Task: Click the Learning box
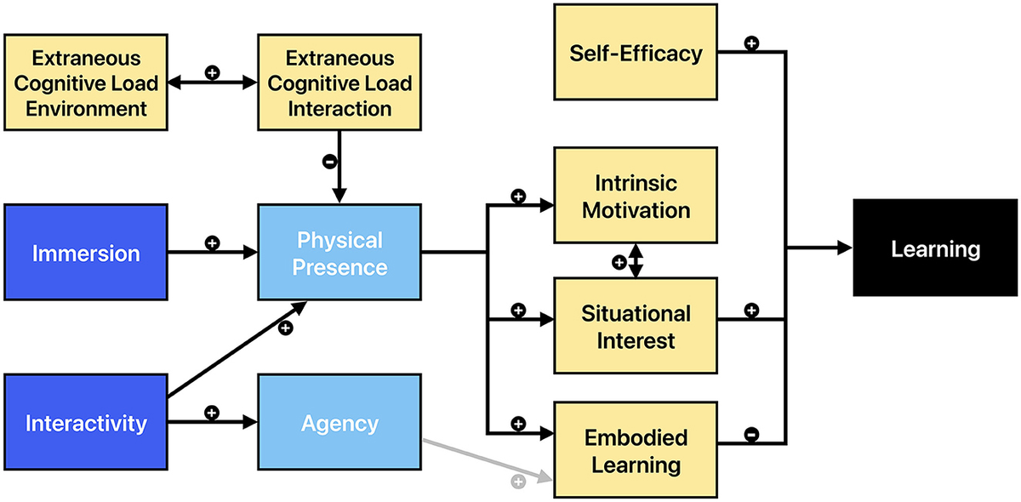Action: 935,249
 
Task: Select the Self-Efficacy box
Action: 636,53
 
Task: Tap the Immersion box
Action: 85,252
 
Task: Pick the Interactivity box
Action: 85,423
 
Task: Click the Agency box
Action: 339,423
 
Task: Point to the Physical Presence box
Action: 339,252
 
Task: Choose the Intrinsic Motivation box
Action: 636,196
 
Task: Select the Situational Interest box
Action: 636,326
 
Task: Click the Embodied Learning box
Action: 636,451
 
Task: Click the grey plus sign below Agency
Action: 518,482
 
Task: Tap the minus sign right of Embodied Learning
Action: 751,435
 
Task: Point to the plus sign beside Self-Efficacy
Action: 751,43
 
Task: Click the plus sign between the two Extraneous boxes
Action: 213,73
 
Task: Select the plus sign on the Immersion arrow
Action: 213,242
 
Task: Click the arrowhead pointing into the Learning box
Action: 844,248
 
